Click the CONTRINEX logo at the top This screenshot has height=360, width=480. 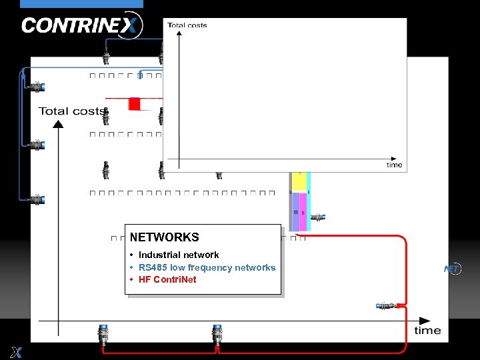point(81,25)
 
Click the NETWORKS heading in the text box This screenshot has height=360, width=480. point(164,237)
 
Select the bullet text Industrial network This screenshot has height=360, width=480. point(179,255)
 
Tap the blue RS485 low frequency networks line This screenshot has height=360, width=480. point(207,267)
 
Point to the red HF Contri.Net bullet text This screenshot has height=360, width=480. point(167,280)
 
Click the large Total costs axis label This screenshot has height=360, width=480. point(71,111)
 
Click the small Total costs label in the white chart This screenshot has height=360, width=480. point(187,25)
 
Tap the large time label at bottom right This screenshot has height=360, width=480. point(427,330)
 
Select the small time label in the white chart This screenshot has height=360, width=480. point(395,165)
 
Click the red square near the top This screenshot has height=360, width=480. point(134,103)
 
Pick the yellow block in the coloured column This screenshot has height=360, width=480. point(299,181)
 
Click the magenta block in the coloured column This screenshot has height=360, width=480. point(303,203)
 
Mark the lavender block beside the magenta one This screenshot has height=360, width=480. point(295,203)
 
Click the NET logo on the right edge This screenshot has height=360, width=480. point(453,269)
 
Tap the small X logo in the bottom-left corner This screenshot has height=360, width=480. point(16,352)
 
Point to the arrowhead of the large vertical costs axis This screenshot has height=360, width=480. point(59,124)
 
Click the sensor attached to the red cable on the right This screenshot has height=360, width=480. point(387,306)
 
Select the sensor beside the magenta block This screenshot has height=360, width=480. point(318,217)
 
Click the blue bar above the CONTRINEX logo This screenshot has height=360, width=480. point(81,4)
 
